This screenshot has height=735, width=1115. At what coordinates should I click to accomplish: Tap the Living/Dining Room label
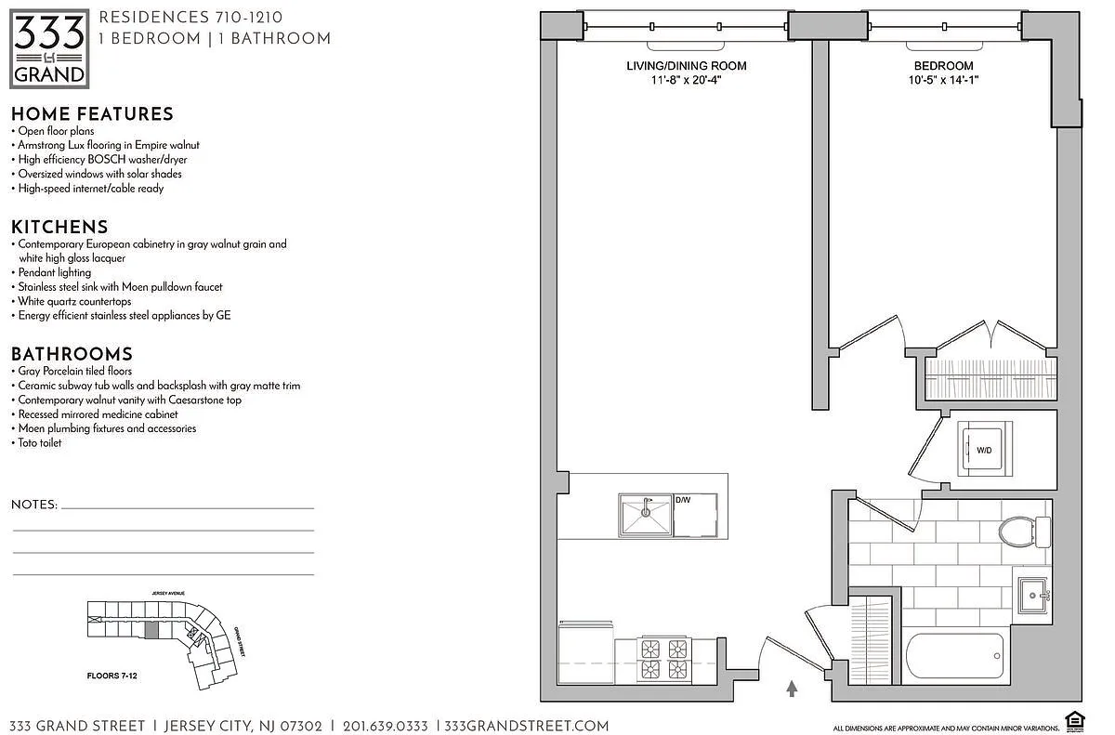686,66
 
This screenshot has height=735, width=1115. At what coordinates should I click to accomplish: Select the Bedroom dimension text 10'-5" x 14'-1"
943,80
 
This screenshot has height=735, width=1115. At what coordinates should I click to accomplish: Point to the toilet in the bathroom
1020,532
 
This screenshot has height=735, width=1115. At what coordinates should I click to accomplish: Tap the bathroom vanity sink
1033,595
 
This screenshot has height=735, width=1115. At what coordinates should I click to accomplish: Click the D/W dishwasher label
683,501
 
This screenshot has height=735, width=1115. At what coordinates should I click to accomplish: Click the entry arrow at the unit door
792,689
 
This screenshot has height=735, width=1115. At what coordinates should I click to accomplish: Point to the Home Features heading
92,114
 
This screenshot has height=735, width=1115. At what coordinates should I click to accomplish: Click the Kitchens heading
59,227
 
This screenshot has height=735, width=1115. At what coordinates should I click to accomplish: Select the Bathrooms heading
72,354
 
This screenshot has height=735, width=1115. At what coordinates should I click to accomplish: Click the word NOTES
34,505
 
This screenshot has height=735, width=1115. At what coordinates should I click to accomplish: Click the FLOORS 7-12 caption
105,676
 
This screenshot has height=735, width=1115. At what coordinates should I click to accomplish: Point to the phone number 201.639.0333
386,726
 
